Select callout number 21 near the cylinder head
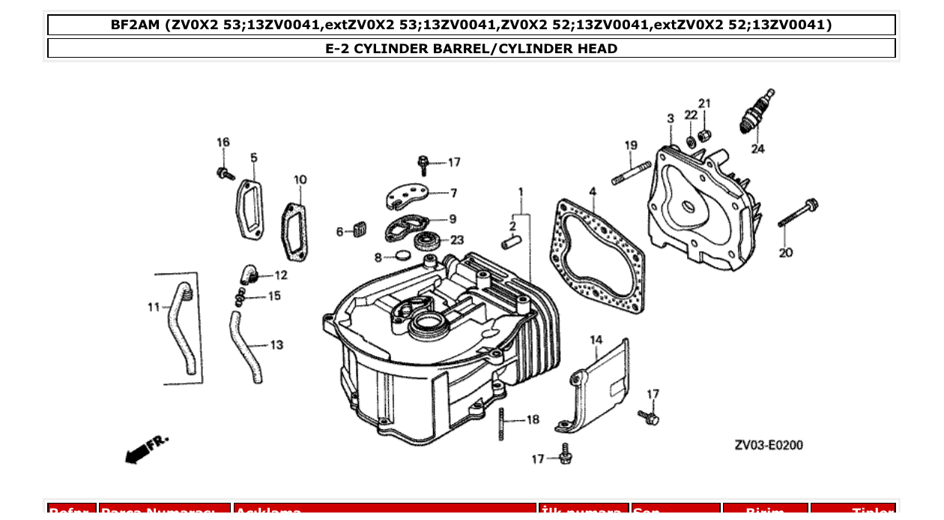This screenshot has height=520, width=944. pyautogui.click(x=704, y=103)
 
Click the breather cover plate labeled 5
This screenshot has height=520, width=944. pyautogui.click(x=250, y=208)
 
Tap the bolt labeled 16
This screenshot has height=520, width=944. pyautogui.click(x=223, y=173)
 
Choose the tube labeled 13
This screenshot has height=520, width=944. pyautogui.click(x=246, y=348)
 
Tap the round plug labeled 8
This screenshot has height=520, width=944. pyautogui.click(x=403, y=256)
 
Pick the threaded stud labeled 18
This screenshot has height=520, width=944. pyautogui.click(x=500, y=424)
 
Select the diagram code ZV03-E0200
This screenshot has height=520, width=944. pyautogui.click(x=769, y=445)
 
